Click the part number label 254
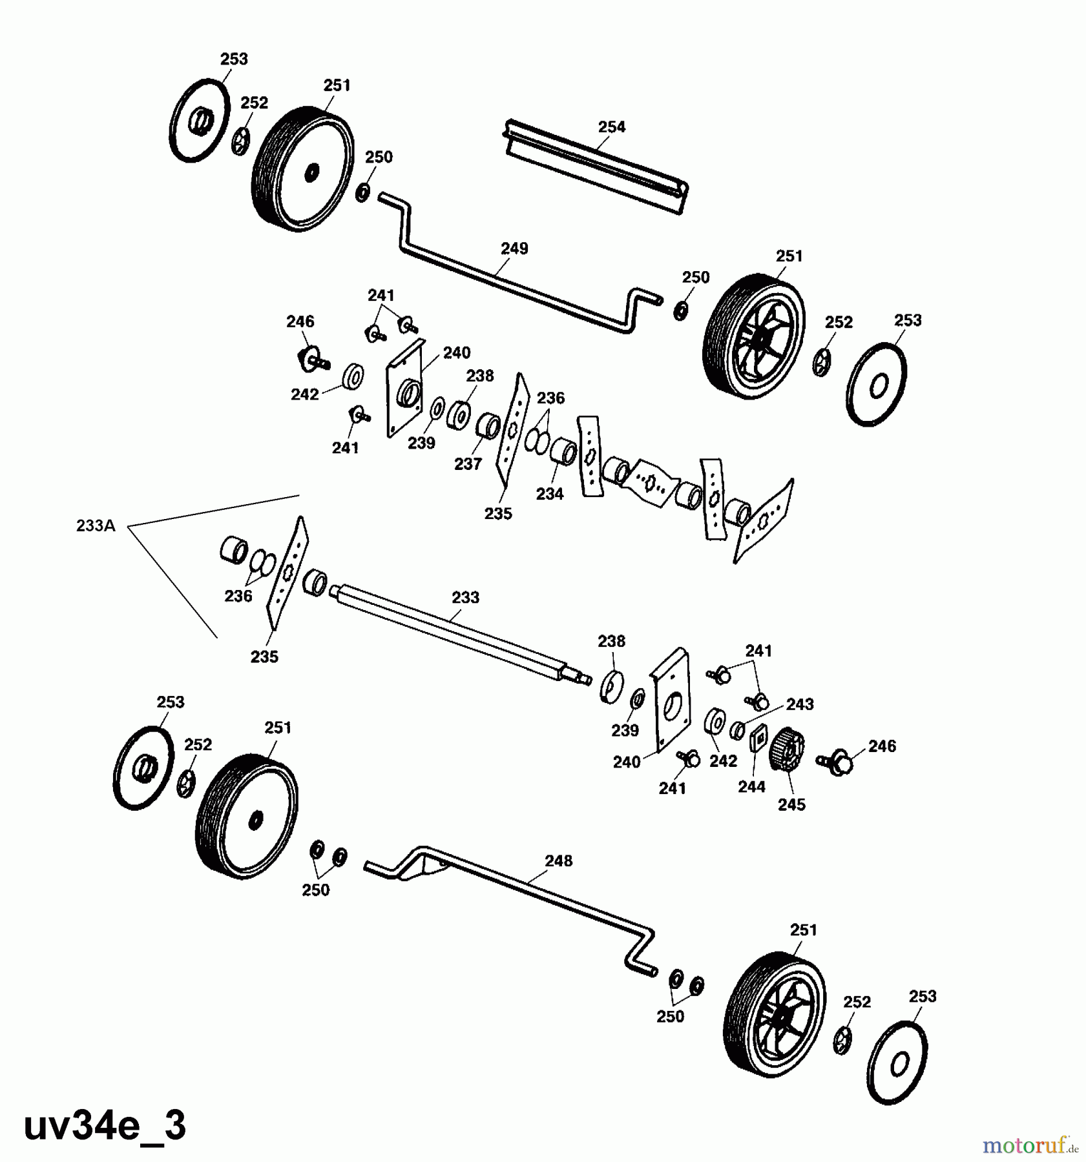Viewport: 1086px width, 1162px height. [611, 127]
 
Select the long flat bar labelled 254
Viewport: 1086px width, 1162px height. [594, 167]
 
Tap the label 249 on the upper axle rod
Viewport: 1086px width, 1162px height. [514, 249]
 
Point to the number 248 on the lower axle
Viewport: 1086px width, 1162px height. [558, 861]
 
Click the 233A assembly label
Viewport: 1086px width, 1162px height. [96, 525]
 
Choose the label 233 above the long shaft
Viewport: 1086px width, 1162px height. [465, 597]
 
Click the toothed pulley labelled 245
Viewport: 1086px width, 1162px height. [788, 750]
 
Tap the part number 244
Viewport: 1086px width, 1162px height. [751, 786]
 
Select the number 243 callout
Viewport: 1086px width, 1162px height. [800, 704]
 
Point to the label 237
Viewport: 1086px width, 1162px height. [468, 464]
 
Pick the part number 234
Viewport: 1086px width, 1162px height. [550, 494]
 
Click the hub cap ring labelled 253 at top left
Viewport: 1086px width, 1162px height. [200, 120]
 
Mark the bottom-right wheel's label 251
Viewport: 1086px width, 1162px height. [803, 930]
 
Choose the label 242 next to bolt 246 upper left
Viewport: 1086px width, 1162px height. [305, 394]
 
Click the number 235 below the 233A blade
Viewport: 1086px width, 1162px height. [264, 657]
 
